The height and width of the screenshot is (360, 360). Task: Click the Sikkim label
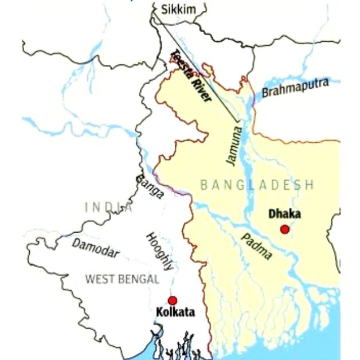pos(178,9)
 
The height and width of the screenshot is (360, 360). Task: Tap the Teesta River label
pos(192,76)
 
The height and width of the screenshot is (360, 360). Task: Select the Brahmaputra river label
pos(295,88)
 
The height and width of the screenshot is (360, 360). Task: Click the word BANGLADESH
pos(257,185)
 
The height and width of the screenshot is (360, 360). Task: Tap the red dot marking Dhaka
pos(285,229)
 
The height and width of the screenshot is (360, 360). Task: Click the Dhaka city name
pos(285,214)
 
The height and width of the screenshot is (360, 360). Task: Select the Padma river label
pos(256,246)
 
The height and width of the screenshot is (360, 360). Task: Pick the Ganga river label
pos(150,186)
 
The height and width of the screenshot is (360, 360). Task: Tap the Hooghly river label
pos(159,251)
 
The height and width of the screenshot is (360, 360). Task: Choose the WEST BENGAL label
pos(122,279)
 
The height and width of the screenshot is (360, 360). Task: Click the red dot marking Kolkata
pos(173,300)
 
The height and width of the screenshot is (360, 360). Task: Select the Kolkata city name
pos(175,312)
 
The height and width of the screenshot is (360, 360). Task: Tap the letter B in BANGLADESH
pos(204,185)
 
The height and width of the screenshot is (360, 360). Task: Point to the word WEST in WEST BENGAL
pos(99,279)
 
